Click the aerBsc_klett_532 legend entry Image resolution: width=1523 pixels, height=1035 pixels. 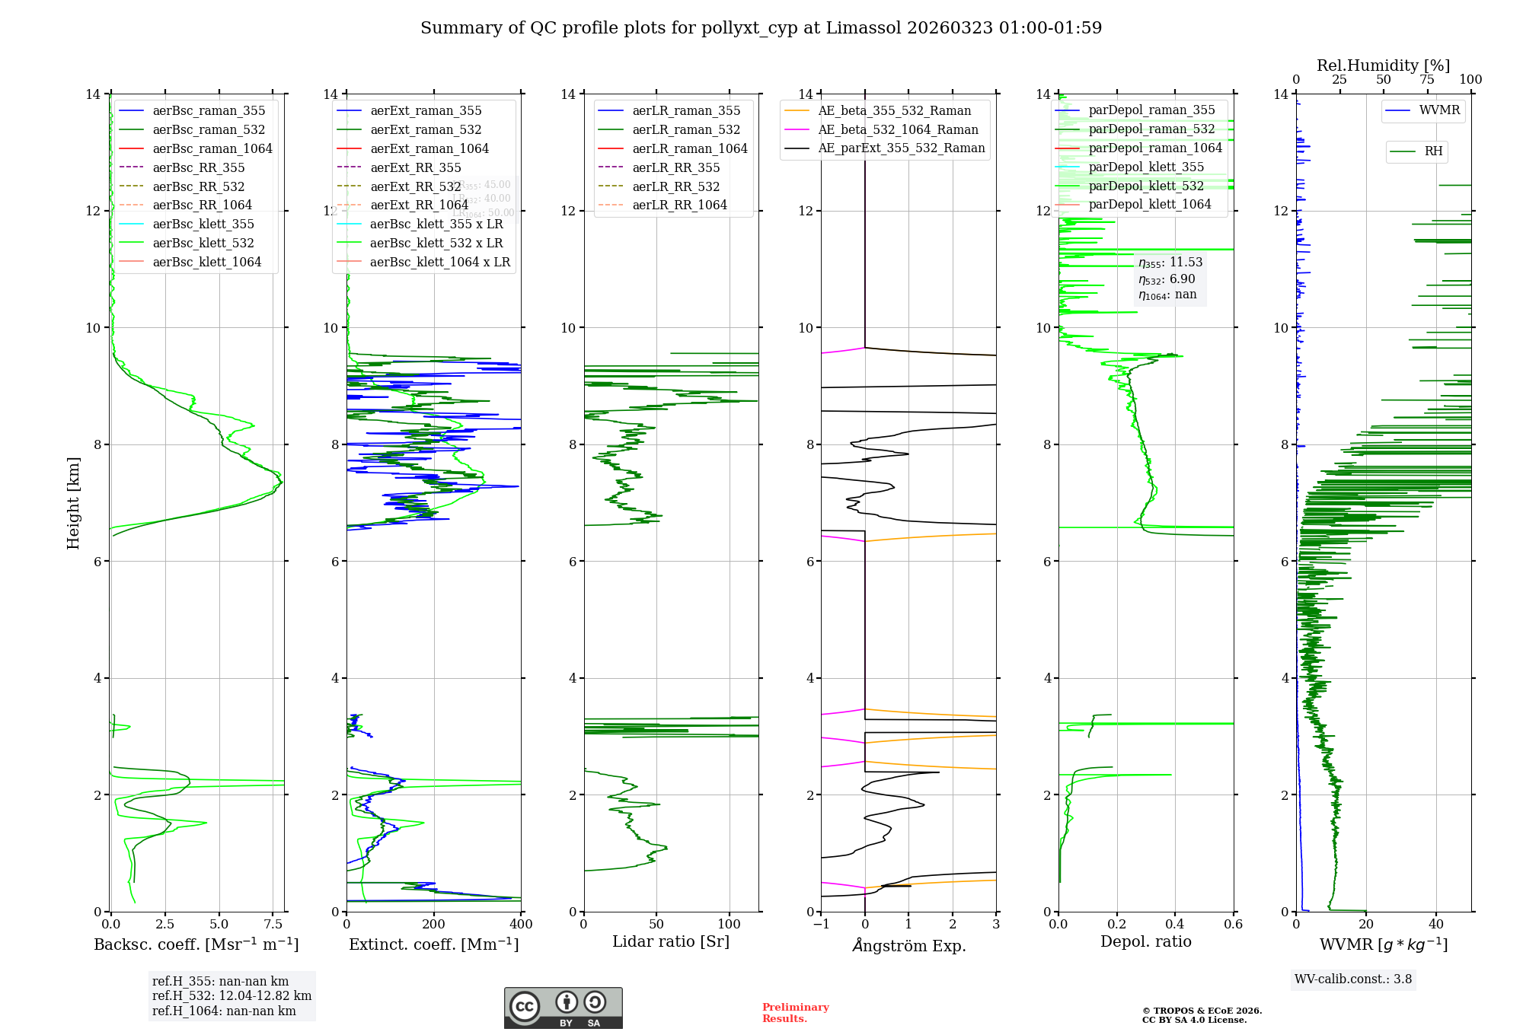click(x=203, y=244)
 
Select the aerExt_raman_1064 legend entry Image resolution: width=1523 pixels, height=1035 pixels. click(x=429, y=149)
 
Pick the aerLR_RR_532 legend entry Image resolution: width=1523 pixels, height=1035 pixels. click(x=675, y=187)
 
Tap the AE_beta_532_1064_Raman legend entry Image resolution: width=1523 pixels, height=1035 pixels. click(x=898, y=130)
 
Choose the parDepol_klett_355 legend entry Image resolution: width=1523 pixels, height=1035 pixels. click(x=1146, y=167)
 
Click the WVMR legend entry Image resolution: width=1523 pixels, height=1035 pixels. click(x=1439, y=110)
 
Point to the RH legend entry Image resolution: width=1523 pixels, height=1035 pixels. click(x=1433, y=151)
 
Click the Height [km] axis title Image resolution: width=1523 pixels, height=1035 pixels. click(x=73, y=502)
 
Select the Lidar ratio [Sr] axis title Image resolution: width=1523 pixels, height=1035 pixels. click(x=671, y=942)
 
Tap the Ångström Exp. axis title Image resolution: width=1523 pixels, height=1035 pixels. click(x=908, y=946)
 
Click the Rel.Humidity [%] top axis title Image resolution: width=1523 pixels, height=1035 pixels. click(x=1383, y=65)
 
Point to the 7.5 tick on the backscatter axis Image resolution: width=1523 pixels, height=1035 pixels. click(x=273, y=925)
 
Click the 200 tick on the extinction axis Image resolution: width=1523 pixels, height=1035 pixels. click(x=434, y=925)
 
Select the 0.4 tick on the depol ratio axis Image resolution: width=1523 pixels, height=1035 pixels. click(x=1175, y=925)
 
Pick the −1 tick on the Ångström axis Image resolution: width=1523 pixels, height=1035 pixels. click(x=821, y=925)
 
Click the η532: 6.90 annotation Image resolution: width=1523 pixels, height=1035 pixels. click(x=1167, y=279)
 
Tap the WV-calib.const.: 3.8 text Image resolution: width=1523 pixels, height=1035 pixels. click(x=1353, y=979)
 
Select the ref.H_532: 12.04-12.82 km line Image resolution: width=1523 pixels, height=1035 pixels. click(x=231, y=996)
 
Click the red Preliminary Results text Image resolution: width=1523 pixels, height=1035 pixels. click(x=795, y=1013)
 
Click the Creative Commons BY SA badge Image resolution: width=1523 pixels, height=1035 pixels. click(x=563, y=1008)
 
